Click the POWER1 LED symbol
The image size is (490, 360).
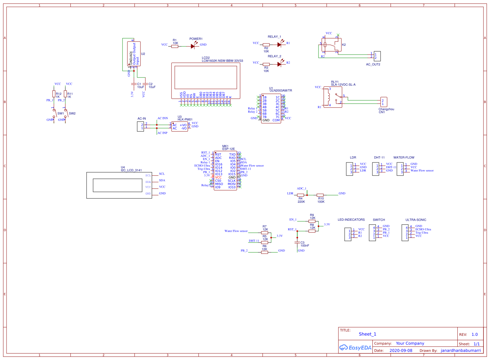click(x=193, y=46)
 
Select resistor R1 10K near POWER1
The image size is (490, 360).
click(x=175, y=46)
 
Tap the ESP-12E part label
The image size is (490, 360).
click(x=228, y=149)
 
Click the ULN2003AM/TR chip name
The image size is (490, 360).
click(x=281, y=91)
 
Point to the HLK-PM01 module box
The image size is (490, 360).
click(x=179, y=127)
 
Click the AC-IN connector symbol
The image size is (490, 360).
click(x=140, y=127)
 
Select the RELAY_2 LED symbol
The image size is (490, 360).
click(x=279, y=64)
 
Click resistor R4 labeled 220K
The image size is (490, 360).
click(x=301, y=195)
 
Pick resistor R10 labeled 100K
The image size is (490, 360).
click(x=320, y=195)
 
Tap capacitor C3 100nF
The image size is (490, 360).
click(x=297, y=243)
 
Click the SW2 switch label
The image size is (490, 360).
click(x=72, y=113)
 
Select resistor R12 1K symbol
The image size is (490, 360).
click(x=54, y=94)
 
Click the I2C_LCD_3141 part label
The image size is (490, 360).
click(x=131, y=170)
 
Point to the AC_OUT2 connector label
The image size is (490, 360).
click(x=373, y=64)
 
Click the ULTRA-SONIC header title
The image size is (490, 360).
click(x=416, y=220)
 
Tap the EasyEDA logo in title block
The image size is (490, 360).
click(x=355, y=348)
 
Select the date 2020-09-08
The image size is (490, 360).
click(x=401, y=351)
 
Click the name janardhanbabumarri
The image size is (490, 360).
click(x=461, y=351)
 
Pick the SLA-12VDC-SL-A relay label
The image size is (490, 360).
click(x=343, y=85)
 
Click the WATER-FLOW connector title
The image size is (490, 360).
click(x=404, y=158)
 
